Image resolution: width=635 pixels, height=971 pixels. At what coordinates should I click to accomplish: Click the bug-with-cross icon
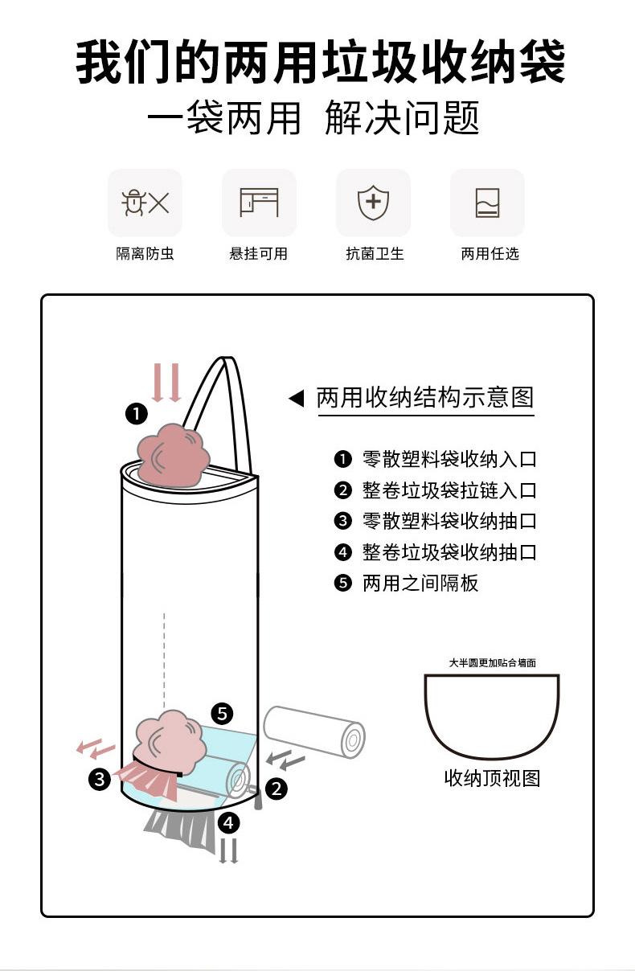point(145,203)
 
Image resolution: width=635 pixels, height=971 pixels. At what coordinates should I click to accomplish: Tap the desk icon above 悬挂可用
point(259,202)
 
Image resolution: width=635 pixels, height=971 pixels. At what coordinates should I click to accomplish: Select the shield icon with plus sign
point(373,202)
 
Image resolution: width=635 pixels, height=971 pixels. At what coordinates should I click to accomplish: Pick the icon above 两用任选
point(488,203)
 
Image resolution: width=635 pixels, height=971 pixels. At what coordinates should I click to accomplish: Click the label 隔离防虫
point(145,253)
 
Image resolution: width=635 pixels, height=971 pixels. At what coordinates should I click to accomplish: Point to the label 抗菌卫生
point(375,253)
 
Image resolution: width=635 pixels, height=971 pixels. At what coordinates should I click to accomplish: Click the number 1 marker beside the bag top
point(137,414)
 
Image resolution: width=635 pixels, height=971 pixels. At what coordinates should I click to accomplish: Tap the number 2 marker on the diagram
point(277,789)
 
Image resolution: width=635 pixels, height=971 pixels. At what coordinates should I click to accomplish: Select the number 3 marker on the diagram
point(100,780)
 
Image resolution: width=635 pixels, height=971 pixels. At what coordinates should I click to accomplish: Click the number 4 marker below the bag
point(228,823)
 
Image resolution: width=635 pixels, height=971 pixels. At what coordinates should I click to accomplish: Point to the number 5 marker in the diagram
point(222,714)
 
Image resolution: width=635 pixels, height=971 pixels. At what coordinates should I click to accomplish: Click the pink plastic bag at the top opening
point(174,455)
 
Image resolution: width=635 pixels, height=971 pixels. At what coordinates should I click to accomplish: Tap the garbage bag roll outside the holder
point(314,732)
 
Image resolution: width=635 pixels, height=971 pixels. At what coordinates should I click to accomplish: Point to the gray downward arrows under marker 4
point(228,851)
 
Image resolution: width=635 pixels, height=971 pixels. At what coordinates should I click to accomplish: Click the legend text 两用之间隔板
point(420,583)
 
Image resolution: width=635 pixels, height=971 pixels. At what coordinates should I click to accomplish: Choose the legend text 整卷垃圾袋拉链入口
point(449,490)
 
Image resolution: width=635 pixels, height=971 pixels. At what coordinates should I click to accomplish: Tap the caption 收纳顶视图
point(493,778)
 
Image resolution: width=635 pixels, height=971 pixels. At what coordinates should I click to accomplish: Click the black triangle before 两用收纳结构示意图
point(297,399)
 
